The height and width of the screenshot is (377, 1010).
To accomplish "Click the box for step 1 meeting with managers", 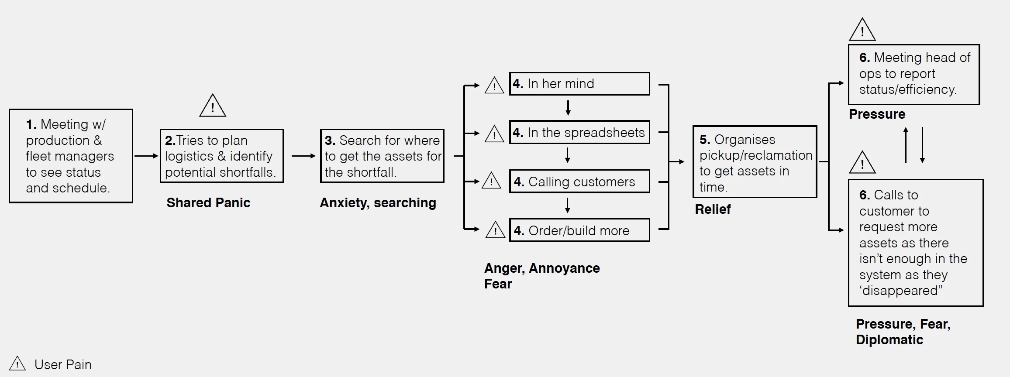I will (71, 156).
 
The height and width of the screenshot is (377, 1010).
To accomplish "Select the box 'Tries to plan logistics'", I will (222, 156).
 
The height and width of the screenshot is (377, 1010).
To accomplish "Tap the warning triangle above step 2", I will (213, 106).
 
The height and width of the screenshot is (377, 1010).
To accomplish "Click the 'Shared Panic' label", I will (208, 202).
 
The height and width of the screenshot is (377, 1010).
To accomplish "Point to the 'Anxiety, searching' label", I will (378, 202).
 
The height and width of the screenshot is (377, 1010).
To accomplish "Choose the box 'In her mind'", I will (579, 84).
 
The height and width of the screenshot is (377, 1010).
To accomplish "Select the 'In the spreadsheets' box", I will (579, 132).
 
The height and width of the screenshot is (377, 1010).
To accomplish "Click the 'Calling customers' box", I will (579, 182).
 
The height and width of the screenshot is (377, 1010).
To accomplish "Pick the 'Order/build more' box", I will (579, 230).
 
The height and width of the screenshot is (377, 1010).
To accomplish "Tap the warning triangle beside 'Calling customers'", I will (491, 181).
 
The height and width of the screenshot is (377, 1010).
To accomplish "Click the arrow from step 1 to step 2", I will (146, 156).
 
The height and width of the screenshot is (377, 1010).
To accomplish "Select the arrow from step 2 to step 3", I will (303, 156).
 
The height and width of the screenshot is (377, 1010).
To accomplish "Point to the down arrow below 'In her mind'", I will (568, 107).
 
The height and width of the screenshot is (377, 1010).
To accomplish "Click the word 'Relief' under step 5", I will (713, 209).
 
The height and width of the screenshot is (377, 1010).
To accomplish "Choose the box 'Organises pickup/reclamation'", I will (755, 162).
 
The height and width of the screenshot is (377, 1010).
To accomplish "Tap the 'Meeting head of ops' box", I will (913, 74).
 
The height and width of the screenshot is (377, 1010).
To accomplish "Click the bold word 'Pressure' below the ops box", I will (877, 114).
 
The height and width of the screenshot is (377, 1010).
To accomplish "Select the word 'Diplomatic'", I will (889, 340).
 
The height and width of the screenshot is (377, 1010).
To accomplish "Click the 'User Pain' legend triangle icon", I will (17, 364).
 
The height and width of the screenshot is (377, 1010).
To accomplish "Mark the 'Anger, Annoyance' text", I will (541, 268).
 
